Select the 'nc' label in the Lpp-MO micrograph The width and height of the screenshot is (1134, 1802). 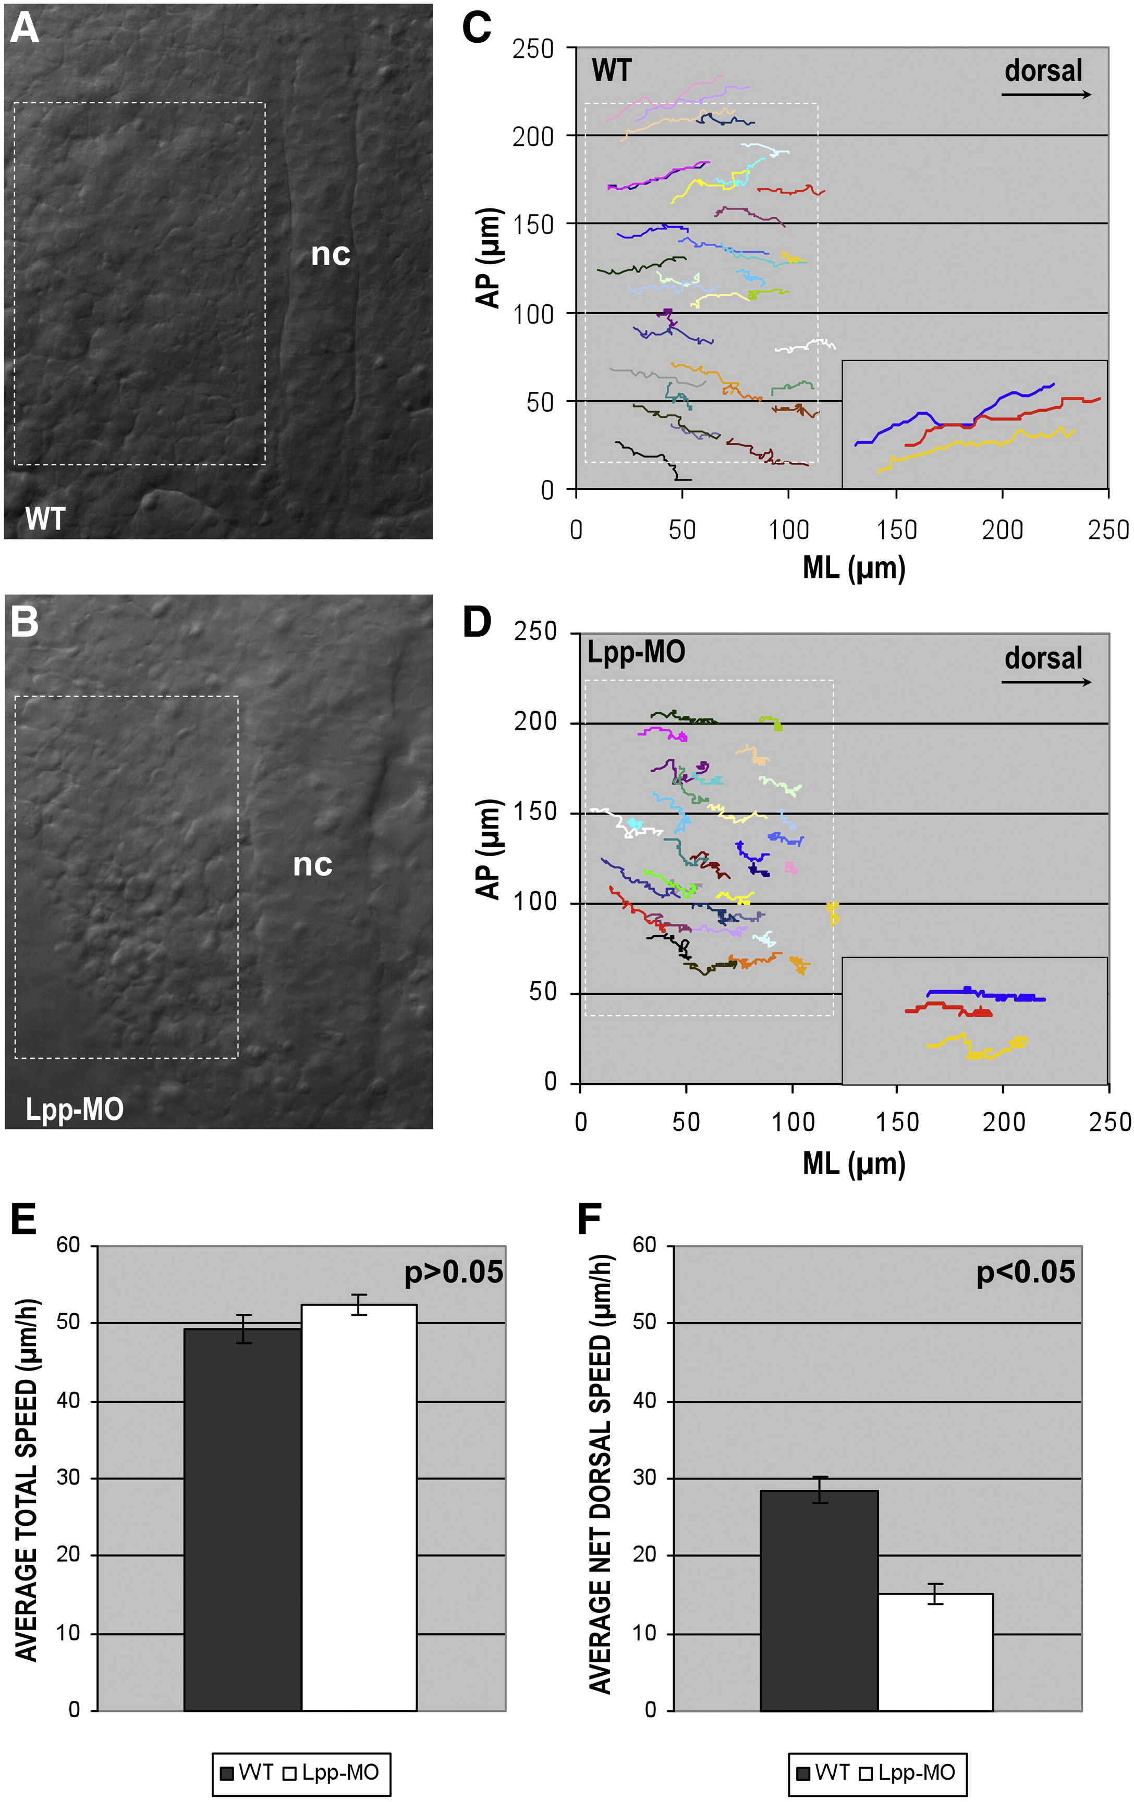pyautogui.click(x=312, y=865)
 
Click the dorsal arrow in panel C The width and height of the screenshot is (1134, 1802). pyautogui.click(x=1046, y=94)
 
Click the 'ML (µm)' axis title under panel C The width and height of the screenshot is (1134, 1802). pyautogui.click(x=854, y=568)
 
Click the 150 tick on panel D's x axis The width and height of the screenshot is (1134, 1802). pyautogui.click(x=897, y=1122)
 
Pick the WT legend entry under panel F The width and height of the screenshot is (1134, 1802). pyautogui.click(x=823, y=1772)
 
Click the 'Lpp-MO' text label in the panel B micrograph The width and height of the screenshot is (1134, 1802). pyautogui.click(x=74, y=1108)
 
